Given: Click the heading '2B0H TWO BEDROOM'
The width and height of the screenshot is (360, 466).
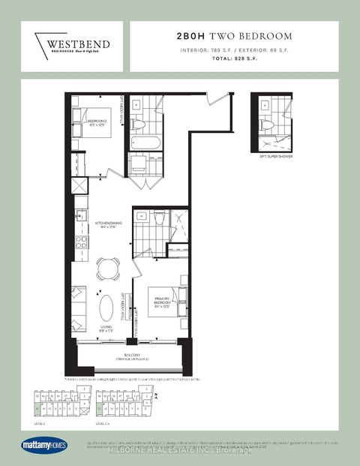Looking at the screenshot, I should (235, 35).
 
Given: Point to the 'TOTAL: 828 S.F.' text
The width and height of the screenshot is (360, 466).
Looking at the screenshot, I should (235, 58).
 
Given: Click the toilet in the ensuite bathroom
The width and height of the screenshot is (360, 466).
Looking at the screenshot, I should (160, 220).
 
